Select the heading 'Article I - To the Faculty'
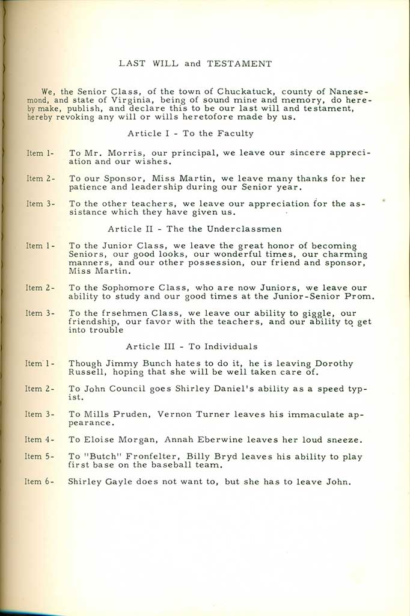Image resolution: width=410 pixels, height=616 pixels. pos(191,134)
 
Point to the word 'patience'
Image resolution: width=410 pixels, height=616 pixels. pos(87,187)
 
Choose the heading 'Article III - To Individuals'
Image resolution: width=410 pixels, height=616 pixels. pos(192,346)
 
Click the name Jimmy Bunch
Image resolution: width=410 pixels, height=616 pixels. pos(130,363)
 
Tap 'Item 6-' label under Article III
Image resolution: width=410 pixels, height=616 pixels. pos(40,481)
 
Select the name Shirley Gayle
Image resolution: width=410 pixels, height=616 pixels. pos(97,481)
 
